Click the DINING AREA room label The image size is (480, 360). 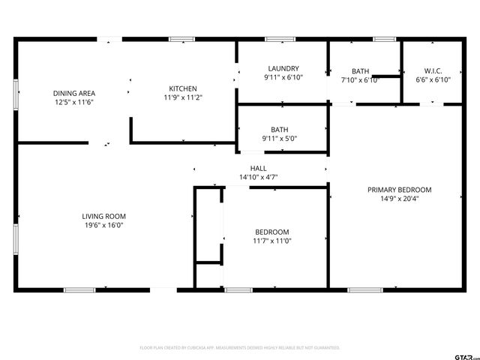[x=73, y=93]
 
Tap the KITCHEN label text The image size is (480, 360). [x=183, y=88]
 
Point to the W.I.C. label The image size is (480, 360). [x=433, y=70]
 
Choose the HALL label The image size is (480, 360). [x=258, y=168]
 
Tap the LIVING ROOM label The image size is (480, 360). [x=103, y=216]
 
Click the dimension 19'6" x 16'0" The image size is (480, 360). [x=103, y=225]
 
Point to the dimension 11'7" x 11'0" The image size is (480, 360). [x=271, y=241]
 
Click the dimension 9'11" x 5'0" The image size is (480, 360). [x=280, y=138]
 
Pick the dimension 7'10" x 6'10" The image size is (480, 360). [x=360, y=79]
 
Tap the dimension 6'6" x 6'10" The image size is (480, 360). [x=433, y=79]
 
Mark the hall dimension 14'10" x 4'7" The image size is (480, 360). [x=258, y=177]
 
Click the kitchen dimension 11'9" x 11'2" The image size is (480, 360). [x=183, y=97]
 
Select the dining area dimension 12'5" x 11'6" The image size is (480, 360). [x=73, y=102]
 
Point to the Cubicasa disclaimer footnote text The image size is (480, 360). [x=240, y=348]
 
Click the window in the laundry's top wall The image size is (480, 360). [x=280, y=39]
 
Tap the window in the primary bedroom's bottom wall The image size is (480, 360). [x=365, y=289]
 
